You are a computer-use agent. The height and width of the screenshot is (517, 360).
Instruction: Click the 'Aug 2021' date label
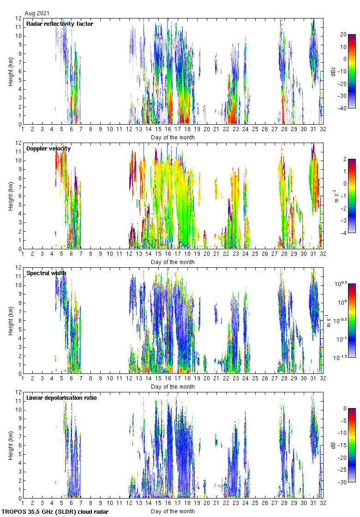coord(37,13)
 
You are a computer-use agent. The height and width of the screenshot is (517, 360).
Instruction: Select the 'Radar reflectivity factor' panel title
coord(60,24)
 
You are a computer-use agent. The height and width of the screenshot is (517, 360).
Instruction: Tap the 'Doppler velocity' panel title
coord(48,148)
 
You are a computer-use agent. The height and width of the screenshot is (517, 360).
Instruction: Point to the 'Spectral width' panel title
coord(46,273)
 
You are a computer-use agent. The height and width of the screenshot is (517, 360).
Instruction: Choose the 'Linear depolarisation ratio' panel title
coord(61,397)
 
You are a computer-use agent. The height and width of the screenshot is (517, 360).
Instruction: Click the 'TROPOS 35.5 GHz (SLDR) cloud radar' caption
coord(55,511)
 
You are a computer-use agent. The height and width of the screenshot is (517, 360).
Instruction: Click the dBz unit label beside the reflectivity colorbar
coord(333,71)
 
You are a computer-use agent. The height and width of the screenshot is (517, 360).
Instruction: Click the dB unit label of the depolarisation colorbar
coord(333,445)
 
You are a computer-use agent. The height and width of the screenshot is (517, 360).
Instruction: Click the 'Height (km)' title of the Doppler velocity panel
coord(11,196)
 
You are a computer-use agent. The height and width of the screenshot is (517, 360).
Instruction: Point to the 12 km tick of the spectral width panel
coord(19,268)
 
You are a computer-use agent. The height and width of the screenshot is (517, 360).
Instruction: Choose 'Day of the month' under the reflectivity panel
coord(173,137)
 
